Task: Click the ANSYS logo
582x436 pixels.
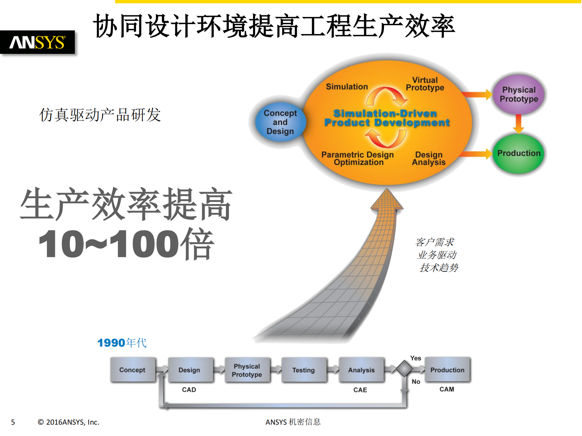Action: (37, 43)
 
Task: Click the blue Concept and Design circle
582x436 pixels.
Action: (280, 122)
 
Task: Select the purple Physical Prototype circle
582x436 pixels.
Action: (519, 95)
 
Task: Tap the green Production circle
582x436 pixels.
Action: (519, 154)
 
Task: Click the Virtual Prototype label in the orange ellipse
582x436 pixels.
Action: (425, 84)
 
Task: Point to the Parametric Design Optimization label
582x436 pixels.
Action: (358, 159)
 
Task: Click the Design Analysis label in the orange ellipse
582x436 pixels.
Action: (429, 159)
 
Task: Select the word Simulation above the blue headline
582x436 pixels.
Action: (347, 87)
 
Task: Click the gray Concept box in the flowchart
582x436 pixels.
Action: (132, 370)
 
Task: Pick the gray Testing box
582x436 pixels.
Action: (304, 370)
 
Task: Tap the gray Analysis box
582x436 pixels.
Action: (361, 370)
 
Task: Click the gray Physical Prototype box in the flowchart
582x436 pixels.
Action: (247, 370)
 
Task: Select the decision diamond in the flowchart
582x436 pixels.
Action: (404, 369)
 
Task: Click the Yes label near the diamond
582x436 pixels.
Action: (416, 358)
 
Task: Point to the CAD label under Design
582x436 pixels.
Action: (189, 390)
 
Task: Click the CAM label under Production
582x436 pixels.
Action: (447, 389)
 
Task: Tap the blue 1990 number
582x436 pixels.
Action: (111, 343)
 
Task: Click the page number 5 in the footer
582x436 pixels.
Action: (13, 422)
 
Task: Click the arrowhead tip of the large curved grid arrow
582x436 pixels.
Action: (387, 191)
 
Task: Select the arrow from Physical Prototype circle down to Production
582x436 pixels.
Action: (518, 124)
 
